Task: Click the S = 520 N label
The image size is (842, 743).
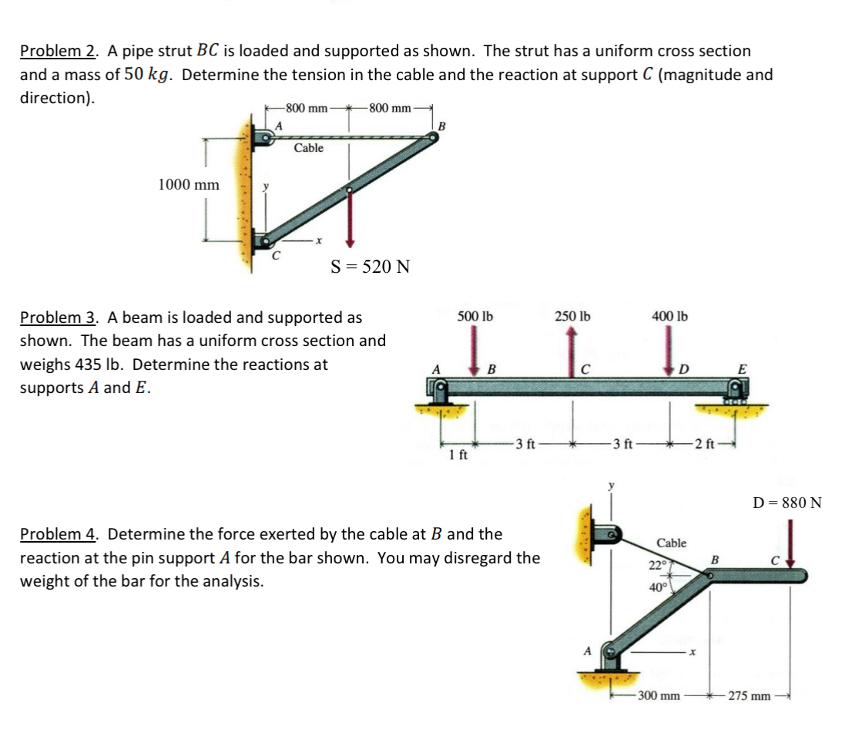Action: click(x=370, y=267)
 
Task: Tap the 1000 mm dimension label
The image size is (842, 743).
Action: click(x=189, y=185)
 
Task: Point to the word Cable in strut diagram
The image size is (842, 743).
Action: click(x=308, y=148)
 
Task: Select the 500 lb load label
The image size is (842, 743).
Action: click(x=475, y=317)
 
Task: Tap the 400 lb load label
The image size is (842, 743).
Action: click(x=669, y=317)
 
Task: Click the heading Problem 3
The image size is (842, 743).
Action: click(x=59, y=318)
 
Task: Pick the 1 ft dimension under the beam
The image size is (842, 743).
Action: click(x=458, y=455)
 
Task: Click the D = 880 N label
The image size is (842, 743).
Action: click(x=787, y=503)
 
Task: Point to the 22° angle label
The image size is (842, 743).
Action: click(x=658, y=565)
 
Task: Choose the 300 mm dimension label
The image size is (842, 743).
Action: click(x=659, y=696)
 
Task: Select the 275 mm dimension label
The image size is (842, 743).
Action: click(x=749, y=696)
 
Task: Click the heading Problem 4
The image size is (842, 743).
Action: click(x=59, y=534)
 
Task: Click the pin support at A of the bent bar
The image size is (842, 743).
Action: click(x=609, y=657)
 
